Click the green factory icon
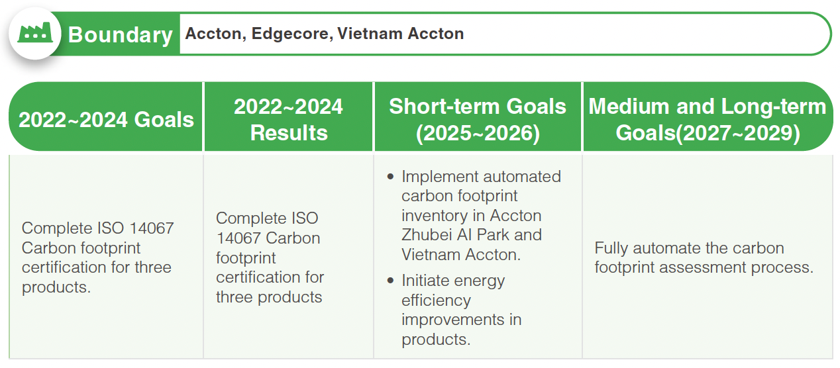pos(35,33)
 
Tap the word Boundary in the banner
pos(121,35)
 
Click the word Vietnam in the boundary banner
pos(370,33)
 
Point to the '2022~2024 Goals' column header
pos(106,120)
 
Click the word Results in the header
pos(289,132)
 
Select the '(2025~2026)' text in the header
pos(478,133)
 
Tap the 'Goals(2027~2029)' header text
pos(708,133)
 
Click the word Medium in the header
pos(629,107)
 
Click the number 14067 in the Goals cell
pos(152,228)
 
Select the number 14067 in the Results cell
pos(238,238)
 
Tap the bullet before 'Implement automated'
pos(390,177)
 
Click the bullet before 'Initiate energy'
pos(390,281)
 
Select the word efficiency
pos(436,300)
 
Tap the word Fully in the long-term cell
pos(611,248)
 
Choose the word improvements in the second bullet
pos(452,320)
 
